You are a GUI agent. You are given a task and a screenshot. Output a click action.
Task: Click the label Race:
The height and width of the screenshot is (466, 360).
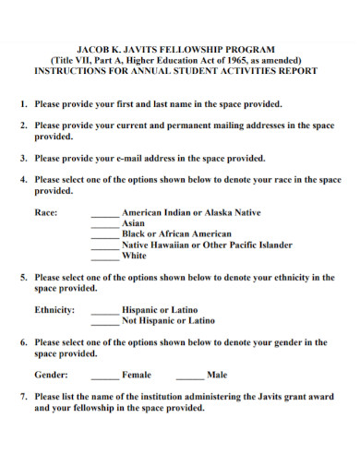coord(46,212)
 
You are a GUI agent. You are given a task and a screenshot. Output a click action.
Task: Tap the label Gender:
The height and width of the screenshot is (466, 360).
coord(51,376)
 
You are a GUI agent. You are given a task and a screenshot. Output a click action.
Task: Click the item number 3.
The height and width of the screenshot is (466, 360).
coord(23,159)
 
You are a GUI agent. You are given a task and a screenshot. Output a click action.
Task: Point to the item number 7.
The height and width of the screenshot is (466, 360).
coord(23,396)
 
